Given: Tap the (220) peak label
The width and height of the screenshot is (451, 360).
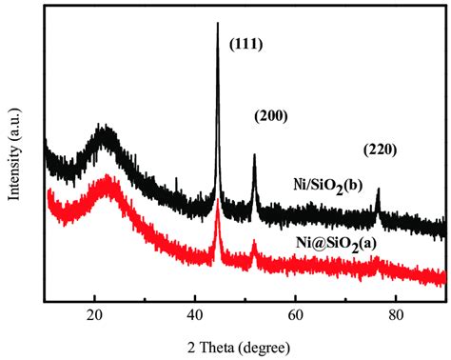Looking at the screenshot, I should point(379,150).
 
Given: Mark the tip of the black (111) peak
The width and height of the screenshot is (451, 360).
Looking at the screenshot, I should point(218,23).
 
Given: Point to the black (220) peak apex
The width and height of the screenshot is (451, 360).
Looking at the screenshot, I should point(378,190).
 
